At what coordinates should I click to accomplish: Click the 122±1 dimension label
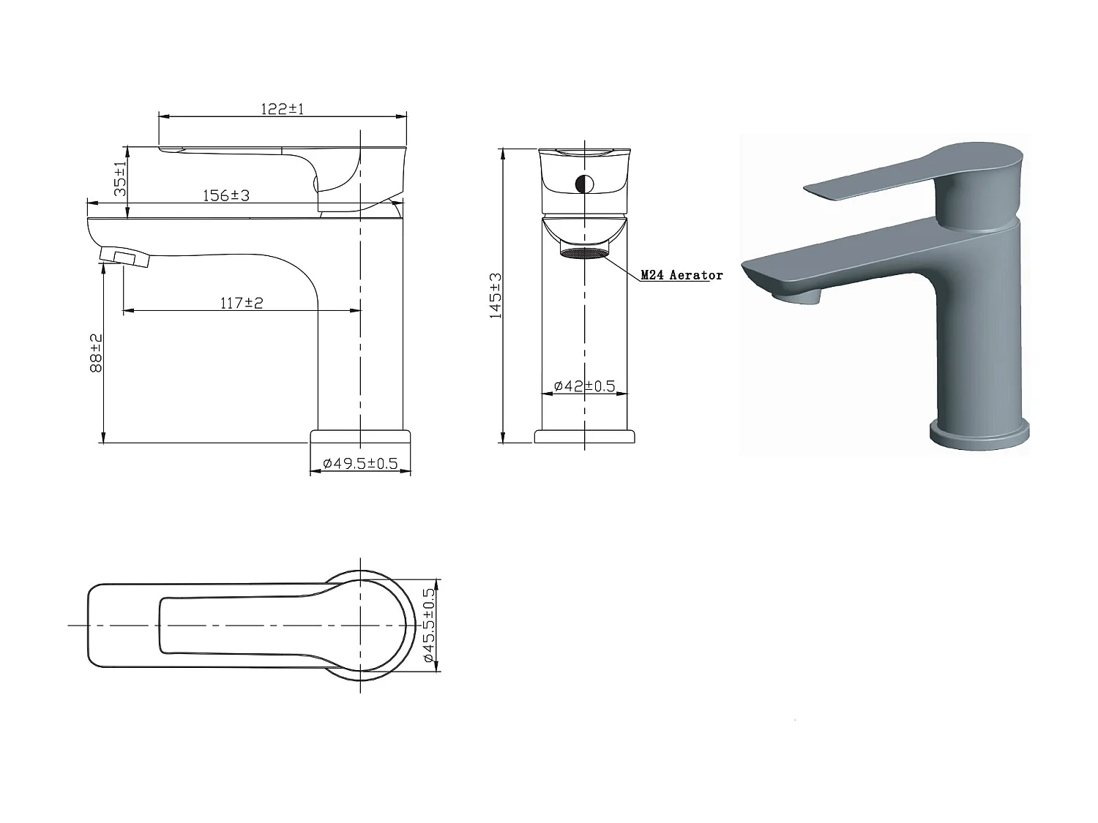pyautogui.click(x=282, y=109)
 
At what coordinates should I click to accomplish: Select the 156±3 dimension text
pyautogui.click(x=225, y=196)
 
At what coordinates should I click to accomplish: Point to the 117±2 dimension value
pyautogui.click(x=242, y=303)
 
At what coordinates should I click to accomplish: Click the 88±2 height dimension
pyautogui.click(x=96, y=353)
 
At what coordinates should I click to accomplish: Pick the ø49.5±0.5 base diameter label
pyautogui.click(x=360, y=463)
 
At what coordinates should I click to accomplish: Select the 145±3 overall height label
pyautogui.click(x=496, y=295)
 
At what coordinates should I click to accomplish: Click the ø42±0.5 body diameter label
pyautogui.click(x=584, y=386)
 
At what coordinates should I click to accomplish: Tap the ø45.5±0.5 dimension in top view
pyautogui.click(x=430, y=626)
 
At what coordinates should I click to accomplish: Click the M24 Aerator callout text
pyautogui.click(x=681, y=275)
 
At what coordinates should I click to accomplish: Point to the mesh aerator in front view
pyautogui.click(x=584, y=252)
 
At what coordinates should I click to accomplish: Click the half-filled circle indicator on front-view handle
pyautogui.click(x=585, y=184)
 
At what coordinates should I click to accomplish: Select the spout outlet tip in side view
pyautogui.click(x=124, y=257)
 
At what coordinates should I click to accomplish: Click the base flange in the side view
pyautogui.click(x=360, y=437)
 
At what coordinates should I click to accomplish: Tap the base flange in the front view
pyautogui.click(x=584, y=437)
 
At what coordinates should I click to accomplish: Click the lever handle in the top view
pyautogui.click(x=242, y=625)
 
